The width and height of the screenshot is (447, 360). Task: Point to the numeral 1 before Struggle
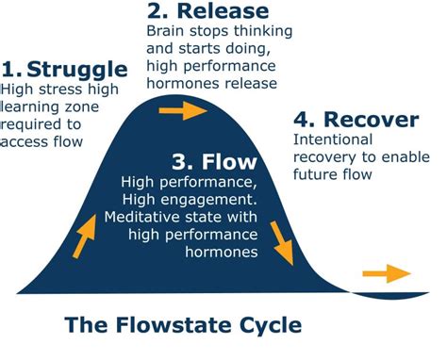(10, 69)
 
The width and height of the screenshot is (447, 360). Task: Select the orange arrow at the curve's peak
(182, 111)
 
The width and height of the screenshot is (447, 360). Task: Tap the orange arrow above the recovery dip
(387, 274)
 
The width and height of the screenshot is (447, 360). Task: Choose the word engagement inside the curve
(231, 199)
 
